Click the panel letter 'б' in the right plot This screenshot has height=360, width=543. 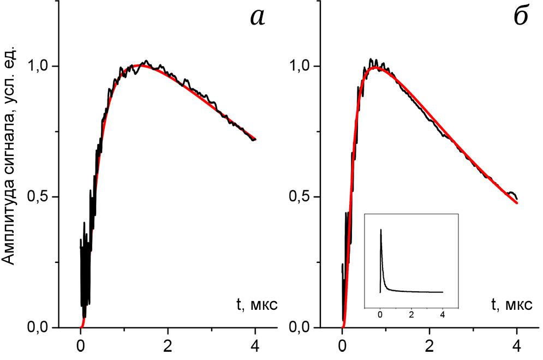tap(520, 17)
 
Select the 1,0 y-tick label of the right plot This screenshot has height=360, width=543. tap(303, 66)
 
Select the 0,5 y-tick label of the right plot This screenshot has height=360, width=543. tap(303, 197)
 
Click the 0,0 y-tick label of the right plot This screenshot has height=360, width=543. tap(303, 327)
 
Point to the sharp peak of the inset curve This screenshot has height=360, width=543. tap(381, 230)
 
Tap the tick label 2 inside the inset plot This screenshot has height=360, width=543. tap(411, 315)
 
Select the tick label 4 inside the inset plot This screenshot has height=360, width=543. tap(443, 315)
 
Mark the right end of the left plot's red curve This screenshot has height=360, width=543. tap(255, 140)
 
